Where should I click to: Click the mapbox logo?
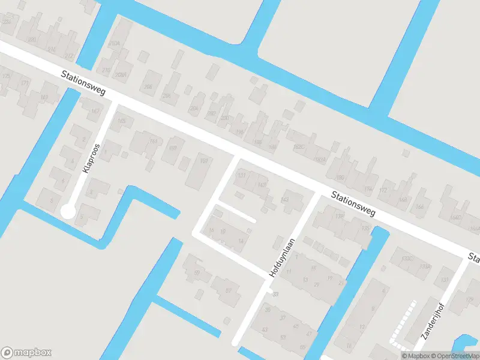tap(26, 353)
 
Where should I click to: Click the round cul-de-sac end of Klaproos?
tap(67, 211)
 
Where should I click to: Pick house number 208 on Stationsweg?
tap(148, 86)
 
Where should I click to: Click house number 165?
tap(122, 121)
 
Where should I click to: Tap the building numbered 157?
tap(204, 161)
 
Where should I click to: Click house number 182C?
tap(298, 146)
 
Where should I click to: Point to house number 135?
tap(365, 228)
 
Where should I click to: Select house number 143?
tap(285, 199)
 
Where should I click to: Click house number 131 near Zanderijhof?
tap(445, 280)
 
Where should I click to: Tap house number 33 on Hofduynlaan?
tap(275, 294)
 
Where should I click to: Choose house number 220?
tap(32, 40)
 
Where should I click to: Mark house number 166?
tap(420, 207)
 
